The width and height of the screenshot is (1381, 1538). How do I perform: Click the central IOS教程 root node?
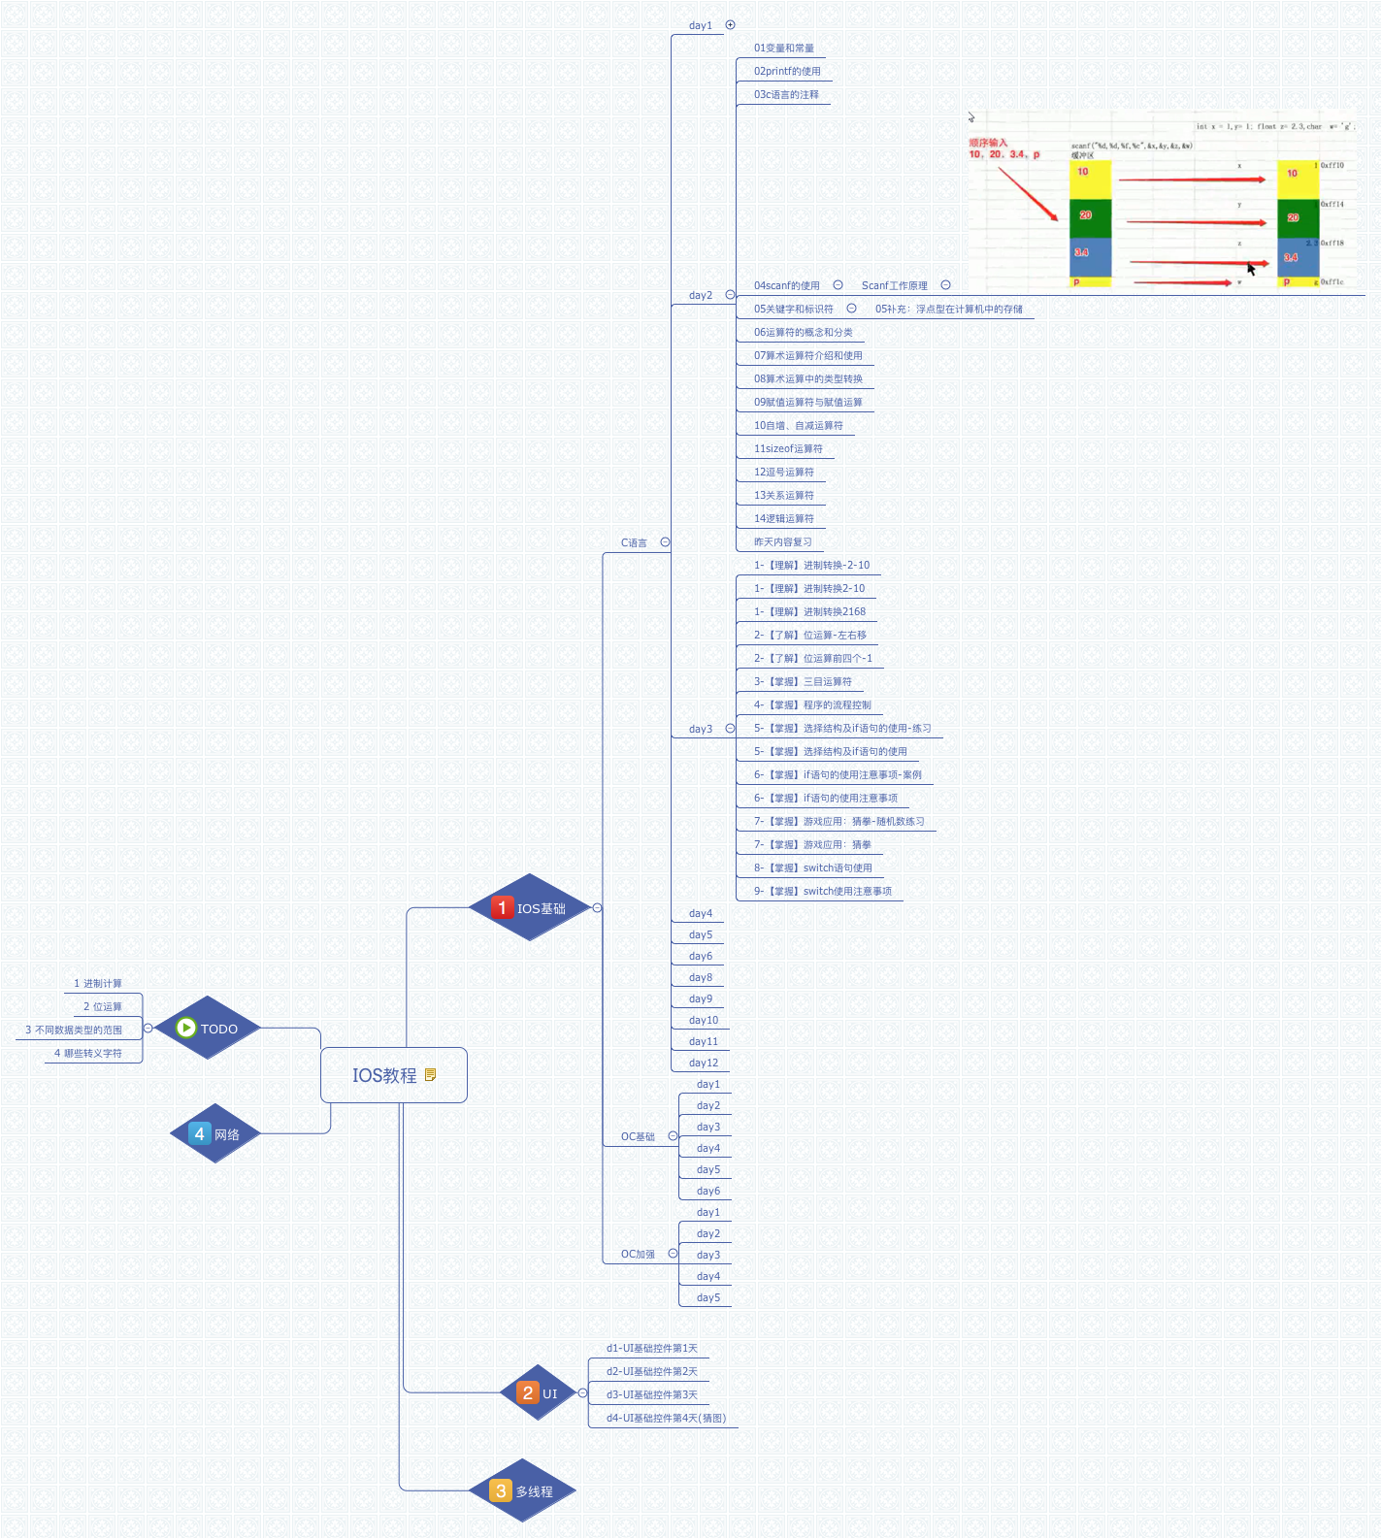(x=385, y=1075)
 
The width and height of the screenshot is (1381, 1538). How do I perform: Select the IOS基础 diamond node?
(x=530, y=908)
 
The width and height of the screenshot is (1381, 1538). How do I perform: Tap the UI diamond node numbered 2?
(x=538, y=1393)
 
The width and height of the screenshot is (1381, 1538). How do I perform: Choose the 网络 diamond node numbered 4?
(x=215, y=1134)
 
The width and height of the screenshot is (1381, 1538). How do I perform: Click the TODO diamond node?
(x=208, y=1029)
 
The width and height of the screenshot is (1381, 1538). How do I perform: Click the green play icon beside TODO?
(x=186, y=1028)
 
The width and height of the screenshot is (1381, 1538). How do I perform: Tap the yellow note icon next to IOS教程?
(x=431, y=1074)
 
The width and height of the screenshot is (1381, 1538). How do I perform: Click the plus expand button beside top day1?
(x=731, y=25)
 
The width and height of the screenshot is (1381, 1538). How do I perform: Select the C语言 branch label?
(x=634, y=542)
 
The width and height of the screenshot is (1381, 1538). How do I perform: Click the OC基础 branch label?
(x=638, y=1136)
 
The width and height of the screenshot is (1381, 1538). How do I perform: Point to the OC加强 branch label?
(x=638, y=1254)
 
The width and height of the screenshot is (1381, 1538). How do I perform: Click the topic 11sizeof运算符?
(x=788, y=448)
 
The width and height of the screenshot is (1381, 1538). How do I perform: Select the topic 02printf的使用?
(x=787, y=71)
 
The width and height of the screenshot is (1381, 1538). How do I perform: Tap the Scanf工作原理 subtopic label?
(x=894, y=285)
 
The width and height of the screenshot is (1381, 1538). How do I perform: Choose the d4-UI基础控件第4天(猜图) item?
(x=666, y=1418)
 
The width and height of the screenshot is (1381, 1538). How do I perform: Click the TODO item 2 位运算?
(x=103, y=1006)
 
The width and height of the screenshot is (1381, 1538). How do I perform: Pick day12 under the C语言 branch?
(x=704, y=1063)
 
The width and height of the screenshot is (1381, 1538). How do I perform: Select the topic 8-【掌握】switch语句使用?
(x=813, y=867)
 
